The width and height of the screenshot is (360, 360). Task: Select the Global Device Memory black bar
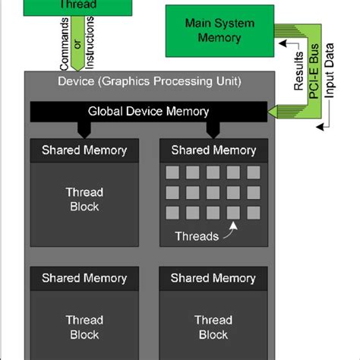pos(148,112)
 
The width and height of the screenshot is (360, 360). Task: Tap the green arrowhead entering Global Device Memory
pos(271,112)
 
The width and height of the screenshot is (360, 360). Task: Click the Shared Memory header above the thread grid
pos(213,150)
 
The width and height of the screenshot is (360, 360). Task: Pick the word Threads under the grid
pos(197,235)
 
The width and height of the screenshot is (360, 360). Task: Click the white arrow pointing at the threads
pos(234,226)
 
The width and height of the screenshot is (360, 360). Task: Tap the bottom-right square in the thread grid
pos(254,212)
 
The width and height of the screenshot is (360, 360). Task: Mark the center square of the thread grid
pos(213,192)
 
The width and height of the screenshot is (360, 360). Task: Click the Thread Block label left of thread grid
pos(84,199)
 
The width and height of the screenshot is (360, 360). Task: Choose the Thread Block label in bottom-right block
pos(213,327)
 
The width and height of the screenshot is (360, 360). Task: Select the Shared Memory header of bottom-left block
pos(84,279)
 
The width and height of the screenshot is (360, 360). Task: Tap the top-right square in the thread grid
pos(254,172)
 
